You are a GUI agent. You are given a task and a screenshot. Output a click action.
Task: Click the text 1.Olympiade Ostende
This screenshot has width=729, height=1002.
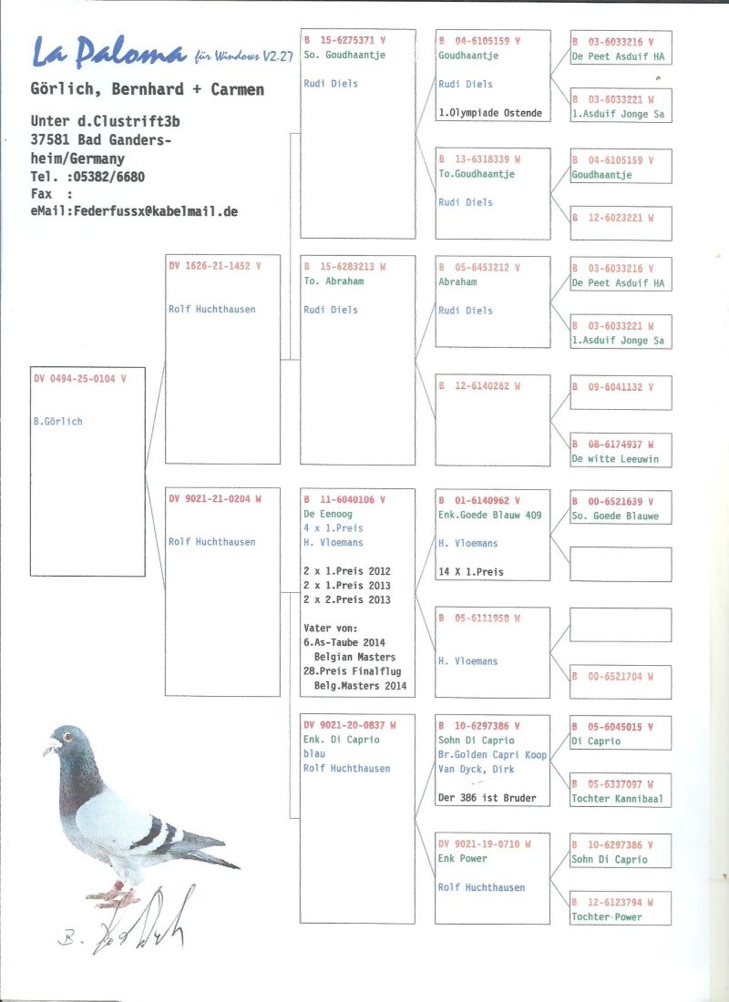pos(490,113)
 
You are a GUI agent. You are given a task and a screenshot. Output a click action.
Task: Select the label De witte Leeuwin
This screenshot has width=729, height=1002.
pos(615,459)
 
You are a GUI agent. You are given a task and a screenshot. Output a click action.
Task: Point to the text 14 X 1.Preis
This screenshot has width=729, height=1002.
pos(471,572)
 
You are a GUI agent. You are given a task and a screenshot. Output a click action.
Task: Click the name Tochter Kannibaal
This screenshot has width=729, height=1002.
pos(618,799)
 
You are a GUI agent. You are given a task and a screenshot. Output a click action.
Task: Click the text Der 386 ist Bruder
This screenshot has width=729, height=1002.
pos(487,798)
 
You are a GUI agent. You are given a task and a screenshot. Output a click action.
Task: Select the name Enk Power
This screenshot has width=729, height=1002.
pos(463,858)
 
